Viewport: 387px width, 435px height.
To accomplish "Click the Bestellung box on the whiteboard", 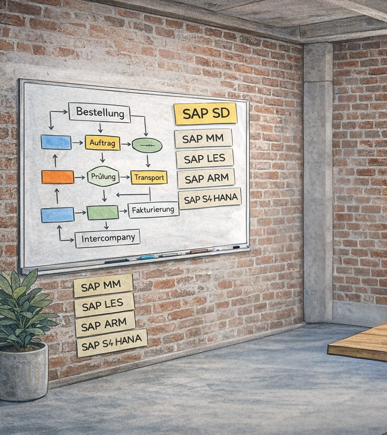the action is point(100,113).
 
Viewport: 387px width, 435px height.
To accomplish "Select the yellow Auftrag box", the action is point(102,143).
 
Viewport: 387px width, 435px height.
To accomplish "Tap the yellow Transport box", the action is point(149,177).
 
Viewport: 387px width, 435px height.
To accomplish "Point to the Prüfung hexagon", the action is point(103,176).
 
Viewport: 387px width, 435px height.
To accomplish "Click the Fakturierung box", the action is point(154,210).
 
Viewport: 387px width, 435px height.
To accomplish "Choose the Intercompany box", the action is point(108,238).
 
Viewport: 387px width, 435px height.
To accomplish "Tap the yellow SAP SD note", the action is point(206,113).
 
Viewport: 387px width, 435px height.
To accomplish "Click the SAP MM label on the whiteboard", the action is point(203,138).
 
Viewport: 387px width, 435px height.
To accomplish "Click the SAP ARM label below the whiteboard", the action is point(105,324).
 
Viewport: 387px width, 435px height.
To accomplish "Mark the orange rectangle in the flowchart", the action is point(58,177).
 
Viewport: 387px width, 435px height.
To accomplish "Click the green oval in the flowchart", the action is point(147,145).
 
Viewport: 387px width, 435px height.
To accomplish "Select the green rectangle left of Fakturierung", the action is point(102,212).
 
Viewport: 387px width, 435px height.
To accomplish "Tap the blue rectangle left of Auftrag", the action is point(56,142).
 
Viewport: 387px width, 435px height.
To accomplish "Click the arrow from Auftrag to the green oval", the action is point(126,144).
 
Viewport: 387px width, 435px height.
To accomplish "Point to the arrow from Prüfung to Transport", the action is point(125,177).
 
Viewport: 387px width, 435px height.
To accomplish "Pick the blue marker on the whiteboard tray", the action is point(145,257).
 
